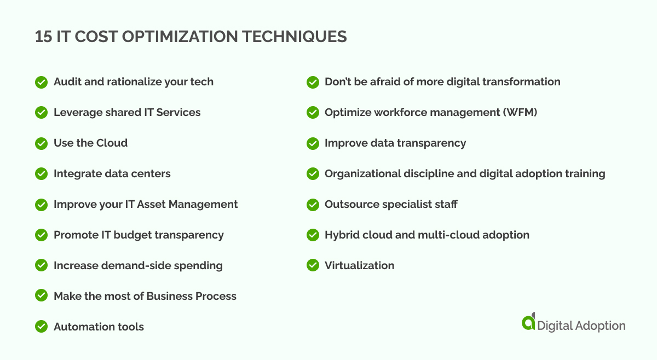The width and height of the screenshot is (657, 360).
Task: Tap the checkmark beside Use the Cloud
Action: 41,143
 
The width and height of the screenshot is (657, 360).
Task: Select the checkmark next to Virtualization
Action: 313,266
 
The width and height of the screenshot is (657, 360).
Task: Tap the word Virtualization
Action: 359,266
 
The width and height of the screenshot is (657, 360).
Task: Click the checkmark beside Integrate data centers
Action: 41,174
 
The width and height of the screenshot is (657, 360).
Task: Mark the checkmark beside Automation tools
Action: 41,327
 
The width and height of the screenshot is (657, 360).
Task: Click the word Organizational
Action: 364,174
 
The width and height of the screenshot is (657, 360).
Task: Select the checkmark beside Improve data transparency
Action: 313,143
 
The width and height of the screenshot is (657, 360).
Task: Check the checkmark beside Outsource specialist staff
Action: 313,205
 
